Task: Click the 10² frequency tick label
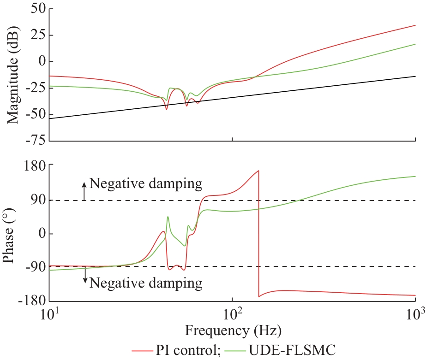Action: click(233, 314)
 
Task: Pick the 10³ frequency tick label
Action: click(416, 314)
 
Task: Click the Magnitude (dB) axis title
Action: click(12, 75)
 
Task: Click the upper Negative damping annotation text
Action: click(146, 184)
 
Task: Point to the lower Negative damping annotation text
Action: click(146, 282)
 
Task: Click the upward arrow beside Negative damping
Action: click(84, 190)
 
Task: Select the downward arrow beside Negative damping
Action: click(85, 276)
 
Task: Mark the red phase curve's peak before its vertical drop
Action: click(259, 171)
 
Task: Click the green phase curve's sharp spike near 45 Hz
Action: click(168, 217)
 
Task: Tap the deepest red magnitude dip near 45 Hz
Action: click(167, 109)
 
